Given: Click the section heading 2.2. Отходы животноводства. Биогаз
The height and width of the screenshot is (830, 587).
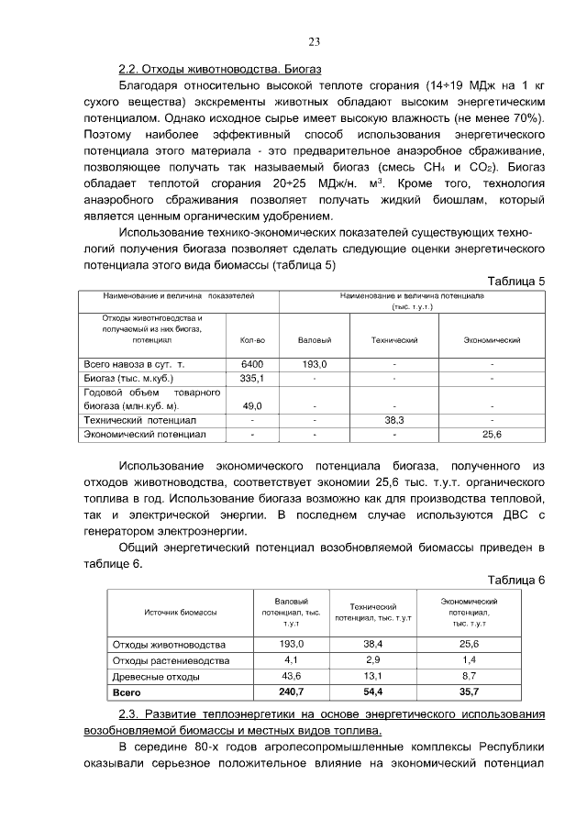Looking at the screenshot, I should click(220, 70).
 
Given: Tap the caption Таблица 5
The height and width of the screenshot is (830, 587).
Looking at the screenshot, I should click(516, 281).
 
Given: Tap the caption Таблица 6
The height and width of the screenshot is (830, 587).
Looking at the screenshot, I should click(516, 580).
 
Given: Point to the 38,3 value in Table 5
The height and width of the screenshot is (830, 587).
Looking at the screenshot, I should click(394, 419).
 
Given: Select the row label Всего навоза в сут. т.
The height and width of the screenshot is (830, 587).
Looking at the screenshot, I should click(135, 364).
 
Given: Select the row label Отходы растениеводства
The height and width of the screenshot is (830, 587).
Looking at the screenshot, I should click(171, 660).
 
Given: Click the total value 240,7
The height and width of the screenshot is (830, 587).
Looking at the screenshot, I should click(291, 692).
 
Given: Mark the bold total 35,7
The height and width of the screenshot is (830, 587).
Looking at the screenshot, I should click(470, 692).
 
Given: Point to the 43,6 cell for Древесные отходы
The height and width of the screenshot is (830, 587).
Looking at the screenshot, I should click(291, 676).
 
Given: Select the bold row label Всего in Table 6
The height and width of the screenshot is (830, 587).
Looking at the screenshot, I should click(127, 692).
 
